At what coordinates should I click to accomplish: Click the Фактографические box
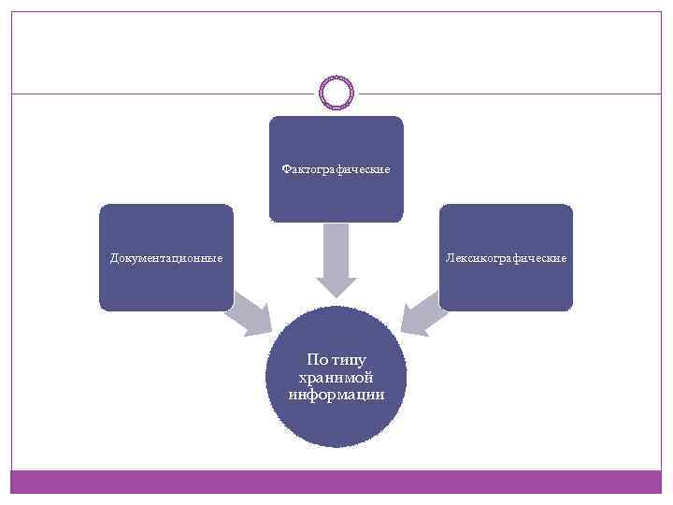tap(336, 140)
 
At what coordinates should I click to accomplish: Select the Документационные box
tap(165, 281)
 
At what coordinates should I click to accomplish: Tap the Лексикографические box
tap(506, 281)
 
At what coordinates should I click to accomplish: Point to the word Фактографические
tap(336, 170)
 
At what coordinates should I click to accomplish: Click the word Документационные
tap(166, 257)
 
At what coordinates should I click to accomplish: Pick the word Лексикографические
tap(506, 257)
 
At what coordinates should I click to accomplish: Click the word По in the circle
tap(317, 360)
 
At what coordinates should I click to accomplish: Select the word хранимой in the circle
tap(336, 377)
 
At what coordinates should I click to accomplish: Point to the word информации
tap(336, 395)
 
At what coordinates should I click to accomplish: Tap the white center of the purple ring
tap(336, 93)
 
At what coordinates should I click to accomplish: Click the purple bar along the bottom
tap(336, 481)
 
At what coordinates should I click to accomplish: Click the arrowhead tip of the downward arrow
tap(336, 296)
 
